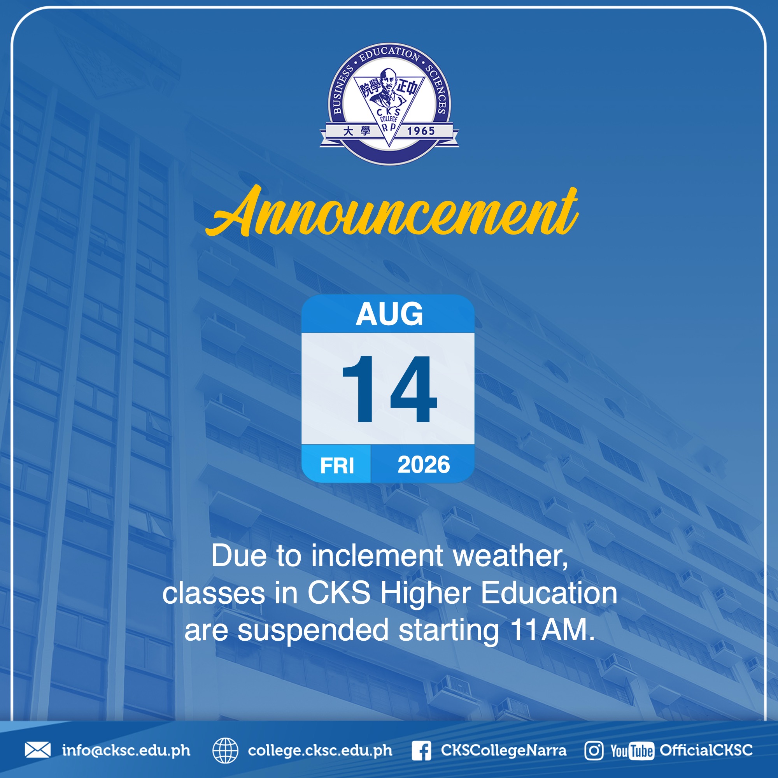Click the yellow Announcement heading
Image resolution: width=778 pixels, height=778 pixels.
(391, 211)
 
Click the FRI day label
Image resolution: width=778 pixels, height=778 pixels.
(337, 466)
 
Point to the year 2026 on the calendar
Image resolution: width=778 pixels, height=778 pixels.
(424, 465)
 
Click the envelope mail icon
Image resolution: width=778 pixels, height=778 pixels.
(38, 750)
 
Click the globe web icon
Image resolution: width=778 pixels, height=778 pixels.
(225, 750)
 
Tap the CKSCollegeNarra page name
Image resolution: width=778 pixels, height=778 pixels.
(503, 750)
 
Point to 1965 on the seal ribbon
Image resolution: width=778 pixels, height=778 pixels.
(421, 131)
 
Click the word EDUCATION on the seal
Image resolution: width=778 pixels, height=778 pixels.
(389, 54)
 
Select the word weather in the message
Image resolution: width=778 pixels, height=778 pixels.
(510, 556)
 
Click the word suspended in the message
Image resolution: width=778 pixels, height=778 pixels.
(313, 631)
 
